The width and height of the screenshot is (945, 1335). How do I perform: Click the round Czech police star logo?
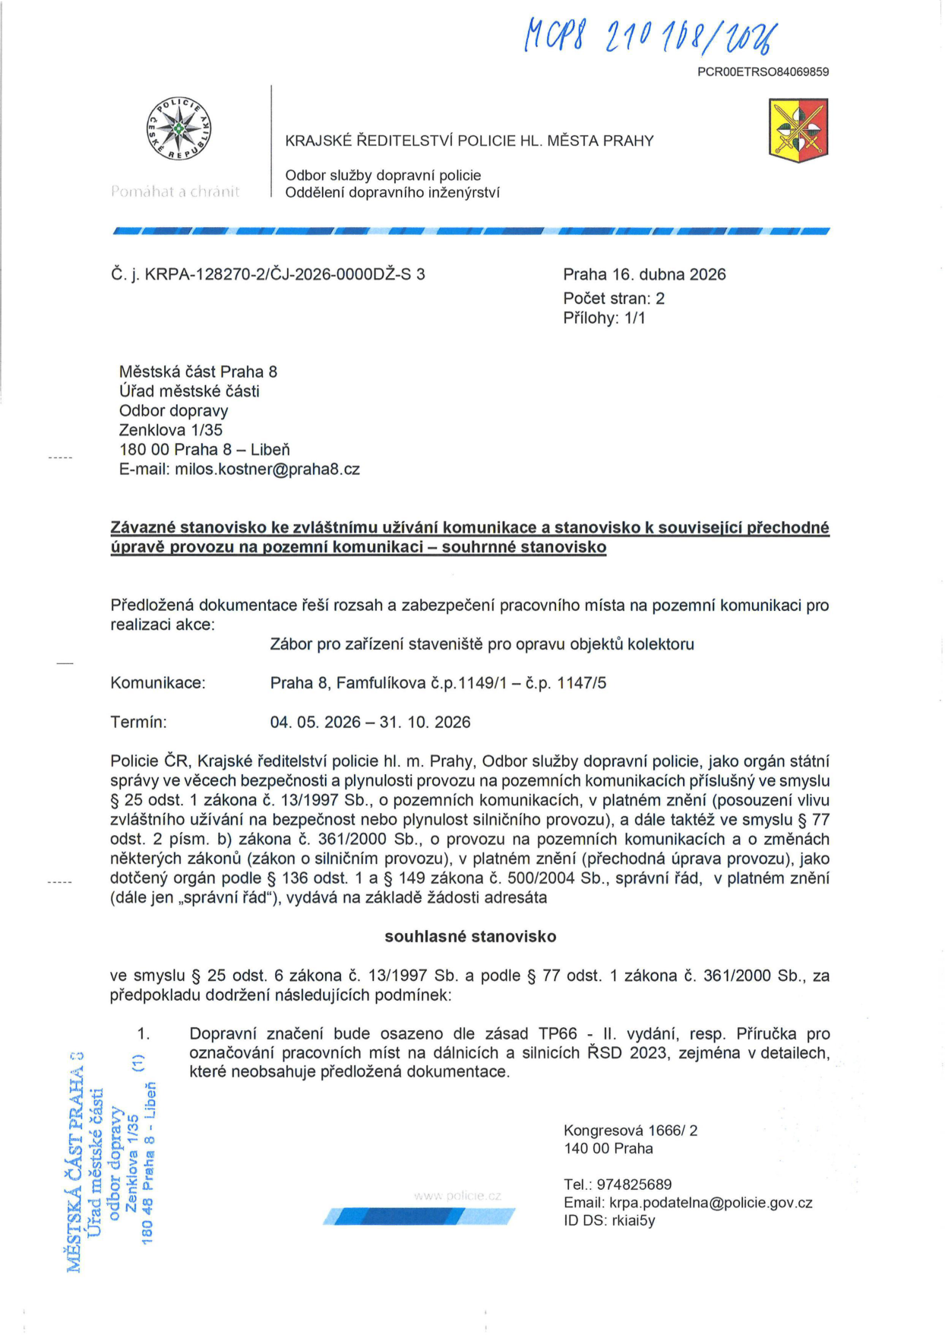[179, 128]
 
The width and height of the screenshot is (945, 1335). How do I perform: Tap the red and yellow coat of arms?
[798, 129]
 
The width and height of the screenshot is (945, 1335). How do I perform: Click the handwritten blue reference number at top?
[649, 36]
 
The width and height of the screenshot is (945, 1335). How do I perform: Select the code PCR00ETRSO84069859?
[763, 72]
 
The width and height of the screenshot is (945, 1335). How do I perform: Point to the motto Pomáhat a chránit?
[175, 192]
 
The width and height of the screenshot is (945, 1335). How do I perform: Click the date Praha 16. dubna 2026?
[644, 274]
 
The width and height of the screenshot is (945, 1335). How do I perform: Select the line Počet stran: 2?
[614, 299]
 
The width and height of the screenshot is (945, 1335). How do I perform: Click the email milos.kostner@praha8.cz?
[267, 470]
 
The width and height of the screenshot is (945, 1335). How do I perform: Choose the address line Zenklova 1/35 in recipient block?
[171, 430]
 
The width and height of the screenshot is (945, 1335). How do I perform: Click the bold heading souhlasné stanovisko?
[470, 937]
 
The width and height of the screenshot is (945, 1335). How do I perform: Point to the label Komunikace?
[158, 683]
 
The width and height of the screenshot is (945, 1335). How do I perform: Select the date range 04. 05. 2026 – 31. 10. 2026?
[370, 722]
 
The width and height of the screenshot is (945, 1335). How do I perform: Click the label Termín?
[139, 722]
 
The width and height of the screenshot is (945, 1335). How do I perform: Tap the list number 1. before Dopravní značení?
[144, 1034]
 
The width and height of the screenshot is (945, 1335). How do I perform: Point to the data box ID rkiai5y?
[634, 1221]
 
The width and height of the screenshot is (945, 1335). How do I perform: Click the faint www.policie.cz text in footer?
[457, 1196]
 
